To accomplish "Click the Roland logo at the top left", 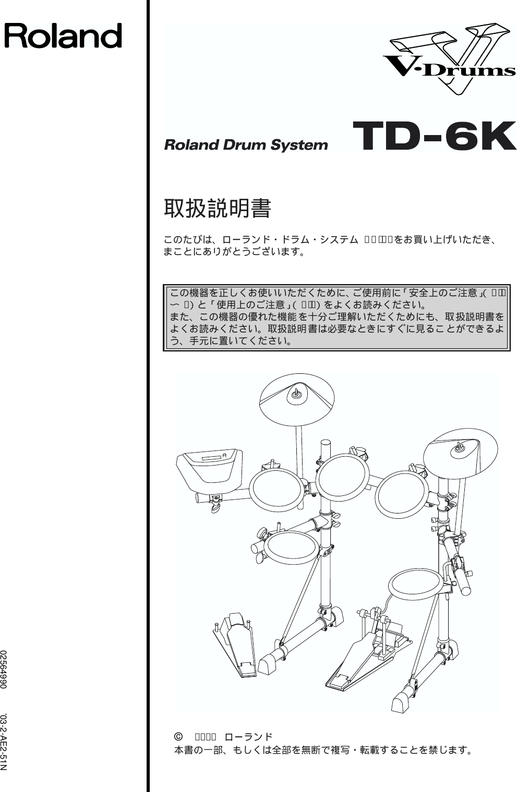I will pos(63,35).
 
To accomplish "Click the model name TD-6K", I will pos(430,137).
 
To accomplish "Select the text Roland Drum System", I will pos(246,145).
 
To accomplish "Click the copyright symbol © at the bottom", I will pos(178,737).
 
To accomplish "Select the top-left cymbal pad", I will pos(297,398).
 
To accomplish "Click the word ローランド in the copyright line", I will pos(248,737).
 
